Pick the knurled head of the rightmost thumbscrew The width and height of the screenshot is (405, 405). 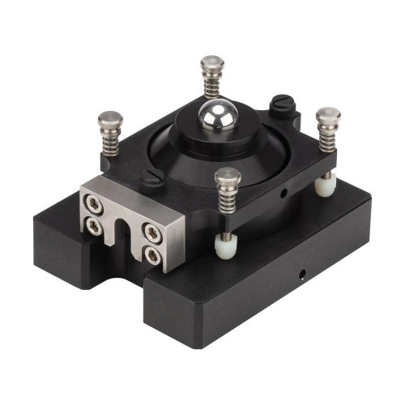328,117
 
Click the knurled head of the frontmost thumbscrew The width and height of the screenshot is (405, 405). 228,177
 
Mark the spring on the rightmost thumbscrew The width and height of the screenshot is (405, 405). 326,139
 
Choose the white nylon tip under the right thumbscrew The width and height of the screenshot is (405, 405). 324,185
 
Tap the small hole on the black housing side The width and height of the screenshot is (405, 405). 283,194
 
